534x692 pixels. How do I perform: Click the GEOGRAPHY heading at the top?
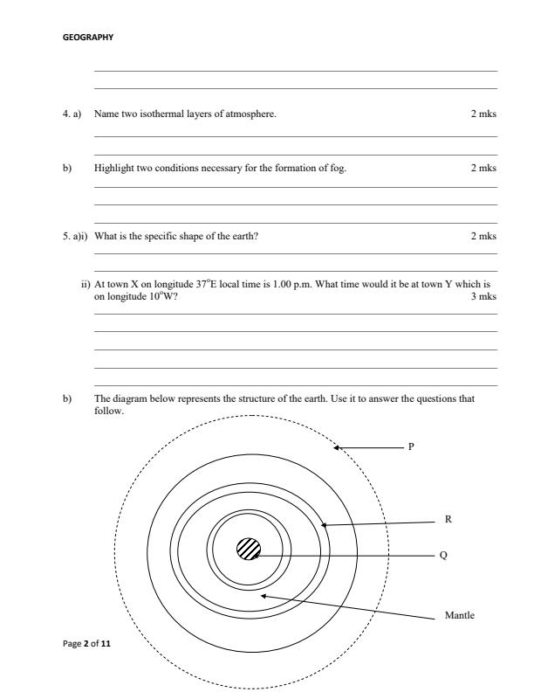pos(88,38)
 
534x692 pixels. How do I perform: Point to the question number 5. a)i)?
pos(74,236)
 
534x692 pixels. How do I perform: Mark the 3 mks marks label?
pos(483,296)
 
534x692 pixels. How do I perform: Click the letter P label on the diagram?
pos(411,446)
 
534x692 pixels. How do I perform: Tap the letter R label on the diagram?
pos(448,519)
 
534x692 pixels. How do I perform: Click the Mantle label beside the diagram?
pos(460,615)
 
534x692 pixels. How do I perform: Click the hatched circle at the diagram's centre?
pos(249,550)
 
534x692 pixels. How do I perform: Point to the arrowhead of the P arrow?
pos(338,448)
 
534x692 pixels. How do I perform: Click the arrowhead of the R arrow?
pos(324,525)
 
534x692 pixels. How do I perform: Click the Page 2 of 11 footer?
pos(86,644)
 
